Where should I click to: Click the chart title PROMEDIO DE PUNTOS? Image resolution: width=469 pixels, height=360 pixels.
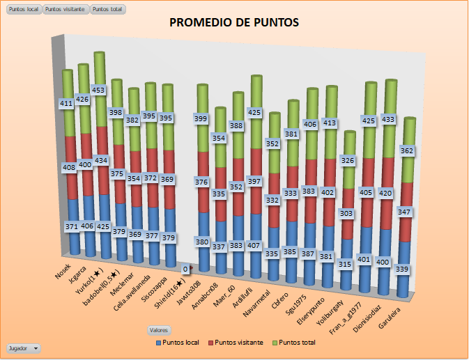click(234, 23)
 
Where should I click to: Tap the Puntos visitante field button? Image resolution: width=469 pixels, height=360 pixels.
click(66, 10)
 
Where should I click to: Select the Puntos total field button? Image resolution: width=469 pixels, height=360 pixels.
click(108, 10)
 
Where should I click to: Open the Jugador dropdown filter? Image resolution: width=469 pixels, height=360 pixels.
click(23, 347)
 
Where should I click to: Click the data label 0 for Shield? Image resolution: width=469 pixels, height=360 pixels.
click(185, 269)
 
